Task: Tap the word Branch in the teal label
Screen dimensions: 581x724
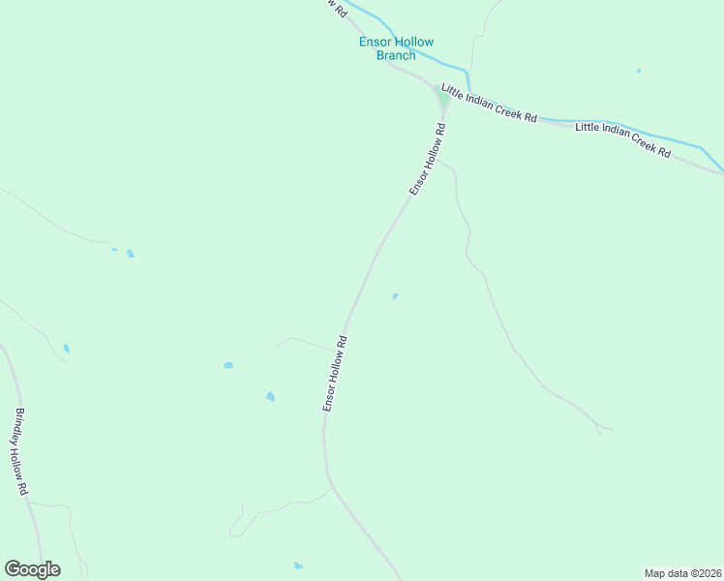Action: (x=396, y=55)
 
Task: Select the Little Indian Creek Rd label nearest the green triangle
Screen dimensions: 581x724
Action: (x=489, y=103)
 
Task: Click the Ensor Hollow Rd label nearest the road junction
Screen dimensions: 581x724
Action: (x=427, y=159)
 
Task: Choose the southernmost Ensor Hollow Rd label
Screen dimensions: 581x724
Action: (x=335, y=374)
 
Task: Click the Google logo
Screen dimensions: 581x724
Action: (x=32, y=569)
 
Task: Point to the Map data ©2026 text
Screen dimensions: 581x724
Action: (x=682, y=572)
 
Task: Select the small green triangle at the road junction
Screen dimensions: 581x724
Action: (x=442, y=99)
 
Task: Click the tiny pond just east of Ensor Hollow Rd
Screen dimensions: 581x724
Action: (x=395, y=296)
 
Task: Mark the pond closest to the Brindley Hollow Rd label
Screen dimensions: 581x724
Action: (x=66, y=348)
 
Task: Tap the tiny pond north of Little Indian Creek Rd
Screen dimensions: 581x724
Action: (x=639, y=71)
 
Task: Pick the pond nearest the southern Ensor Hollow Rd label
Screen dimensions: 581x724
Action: (x=270, y=396)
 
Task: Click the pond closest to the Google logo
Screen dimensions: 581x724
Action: (x=298, y=566)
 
